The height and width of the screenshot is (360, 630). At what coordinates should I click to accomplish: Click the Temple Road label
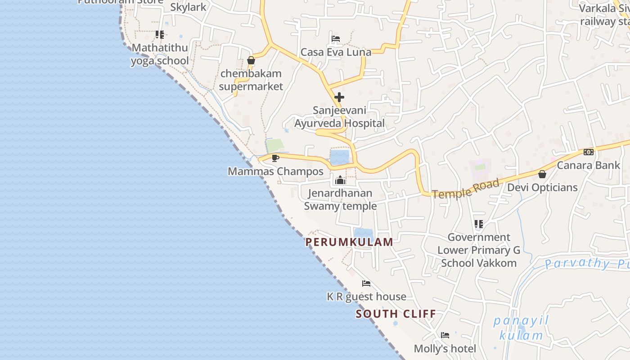click(x=466, y=189)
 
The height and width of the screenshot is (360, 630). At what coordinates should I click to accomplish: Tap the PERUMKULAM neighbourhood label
click(x=349, y=242)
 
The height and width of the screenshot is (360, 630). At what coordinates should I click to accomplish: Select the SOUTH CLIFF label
click(x=396, y=314)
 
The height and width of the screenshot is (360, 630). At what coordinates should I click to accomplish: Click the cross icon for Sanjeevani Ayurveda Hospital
click(x=339, y=97)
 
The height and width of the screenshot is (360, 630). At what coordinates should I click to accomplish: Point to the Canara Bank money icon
click(x=588, y=152)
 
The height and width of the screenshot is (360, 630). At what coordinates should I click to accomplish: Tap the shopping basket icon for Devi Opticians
click(x=542, y=174)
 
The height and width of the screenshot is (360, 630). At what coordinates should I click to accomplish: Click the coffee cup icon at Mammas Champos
click(x=275, y=158)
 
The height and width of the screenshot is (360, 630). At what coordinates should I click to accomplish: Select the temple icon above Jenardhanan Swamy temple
click(x=340, y=180)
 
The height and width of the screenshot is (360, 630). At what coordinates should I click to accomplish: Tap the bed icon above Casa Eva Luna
click(x=336, y=39)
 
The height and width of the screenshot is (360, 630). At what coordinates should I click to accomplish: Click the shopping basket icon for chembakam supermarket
click(x=251, y=60)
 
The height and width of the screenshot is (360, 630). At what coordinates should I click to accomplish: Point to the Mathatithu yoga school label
click(x=160, y=54)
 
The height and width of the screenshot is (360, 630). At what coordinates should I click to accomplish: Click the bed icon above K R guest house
click(x=366, y=283)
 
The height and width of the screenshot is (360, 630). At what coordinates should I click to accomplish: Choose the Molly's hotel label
click(x=445, y=349)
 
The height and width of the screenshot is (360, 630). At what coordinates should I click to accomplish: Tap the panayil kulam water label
click(x=521, y=328)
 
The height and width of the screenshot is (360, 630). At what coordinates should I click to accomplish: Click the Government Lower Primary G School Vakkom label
click(x=479, y=250)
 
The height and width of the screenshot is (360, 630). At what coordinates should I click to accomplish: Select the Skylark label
click(x=188, y=7)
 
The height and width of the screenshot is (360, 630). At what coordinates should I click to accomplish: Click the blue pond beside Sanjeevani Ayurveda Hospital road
click(x=340, y=157)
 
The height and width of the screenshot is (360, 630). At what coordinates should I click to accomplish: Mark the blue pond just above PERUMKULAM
click(x=363, y=233)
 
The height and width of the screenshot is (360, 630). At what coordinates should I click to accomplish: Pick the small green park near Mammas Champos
click(x=274, y=146)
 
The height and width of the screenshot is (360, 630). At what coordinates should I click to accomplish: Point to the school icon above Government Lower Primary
click(x=479, y=224)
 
